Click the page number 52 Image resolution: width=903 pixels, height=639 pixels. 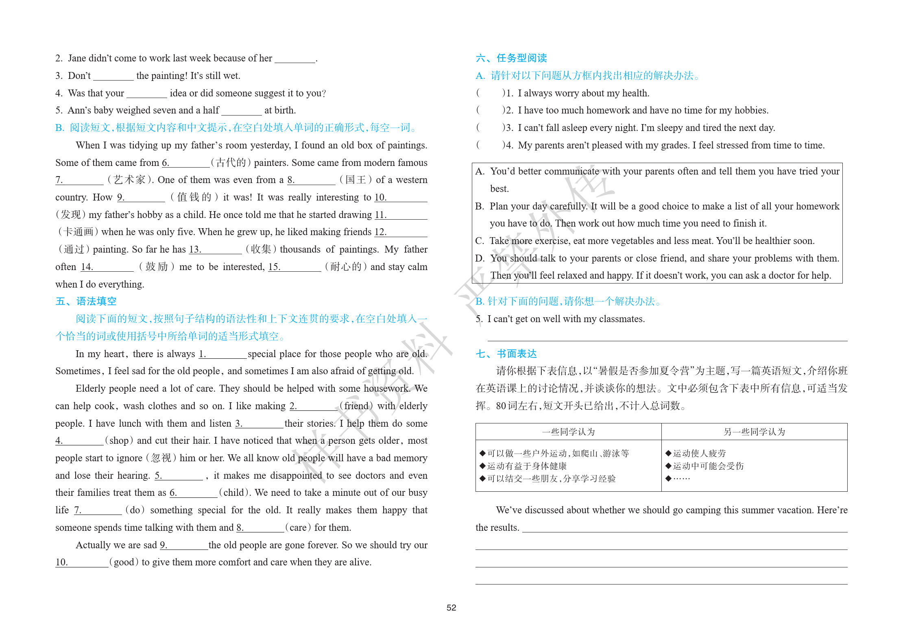click(x=451, y=608)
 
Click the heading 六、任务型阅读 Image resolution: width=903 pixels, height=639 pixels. click(x=511, y=58)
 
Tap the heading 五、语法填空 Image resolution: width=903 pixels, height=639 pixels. click(x=86, y=301)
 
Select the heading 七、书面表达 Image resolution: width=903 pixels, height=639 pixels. click(x=506, y=354)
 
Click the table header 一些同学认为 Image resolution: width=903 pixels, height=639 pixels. click(x=568, y=432)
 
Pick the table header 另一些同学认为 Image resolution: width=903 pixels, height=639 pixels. click(x=754, y=432)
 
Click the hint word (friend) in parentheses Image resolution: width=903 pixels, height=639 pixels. click(x=356, y=406)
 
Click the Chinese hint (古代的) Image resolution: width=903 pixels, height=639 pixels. click(x=231, y=163)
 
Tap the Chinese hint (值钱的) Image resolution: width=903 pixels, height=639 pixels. click(x=194, y=197)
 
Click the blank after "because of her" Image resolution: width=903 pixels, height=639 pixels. click(x=295, y=59)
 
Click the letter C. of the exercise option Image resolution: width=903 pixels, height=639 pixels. click(x=480, y=241)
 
